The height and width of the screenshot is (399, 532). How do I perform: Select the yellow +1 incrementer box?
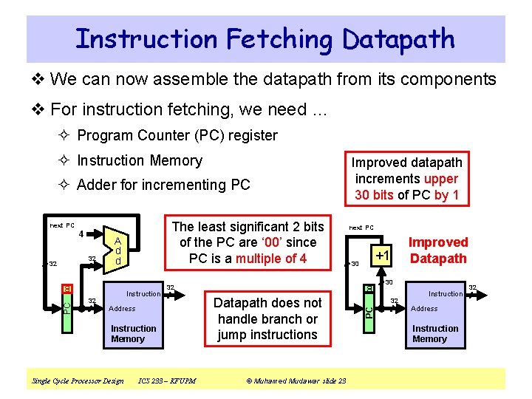pos(381,255)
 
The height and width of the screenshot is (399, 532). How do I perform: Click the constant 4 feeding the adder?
pos(80,236)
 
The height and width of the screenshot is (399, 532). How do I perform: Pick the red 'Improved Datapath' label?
pos(439,250)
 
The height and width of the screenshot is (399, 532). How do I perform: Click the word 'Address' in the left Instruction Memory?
pos(122,309)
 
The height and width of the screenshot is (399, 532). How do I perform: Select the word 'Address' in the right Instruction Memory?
pos(424,309)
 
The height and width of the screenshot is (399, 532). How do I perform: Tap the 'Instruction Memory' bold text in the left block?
pos(133,333)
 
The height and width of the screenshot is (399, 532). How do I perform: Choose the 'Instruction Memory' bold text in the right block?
pos(435,333)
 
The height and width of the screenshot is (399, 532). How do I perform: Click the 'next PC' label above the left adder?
pos(62,225)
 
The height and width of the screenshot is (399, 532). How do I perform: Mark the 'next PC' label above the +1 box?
pos(361,228)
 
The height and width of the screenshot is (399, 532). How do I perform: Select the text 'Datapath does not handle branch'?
pos(267,310)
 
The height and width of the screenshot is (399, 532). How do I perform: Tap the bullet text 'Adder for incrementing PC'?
pos(163,185)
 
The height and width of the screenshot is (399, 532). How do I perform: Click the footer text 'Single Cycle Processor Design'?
pos(78,381)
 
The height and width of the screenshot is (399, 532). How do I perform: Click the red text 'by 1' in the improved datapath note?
pos(446,195)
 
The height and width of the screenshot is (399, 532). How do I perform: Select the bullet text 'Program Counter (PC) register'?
pos(177,135)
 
